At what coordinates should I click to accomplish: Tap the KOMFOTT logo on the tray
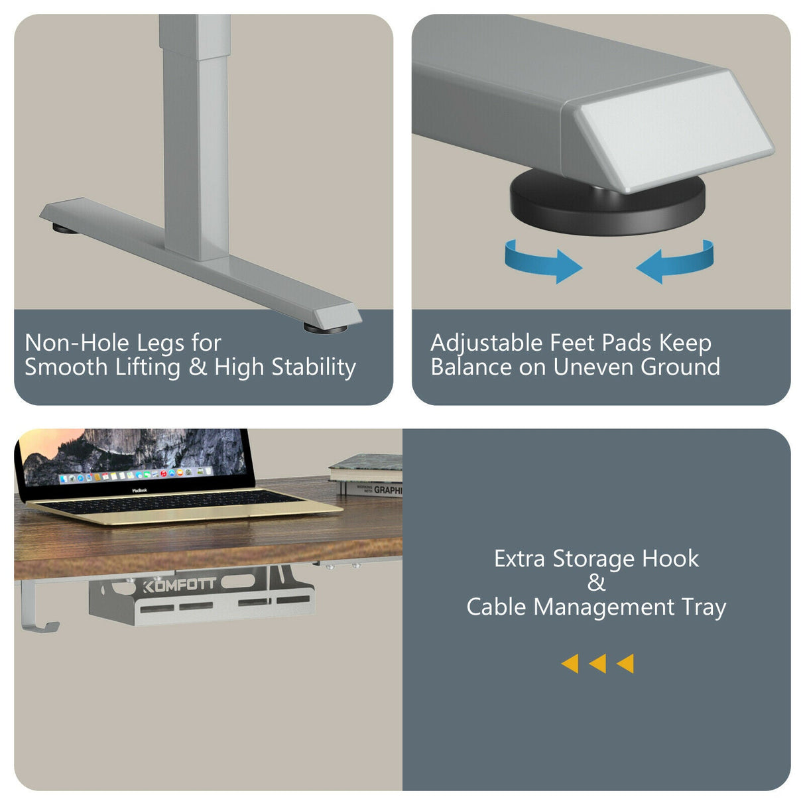click(x=179, y=585)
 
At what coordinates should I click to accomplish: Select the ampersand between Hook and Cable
click(x=596, y=583)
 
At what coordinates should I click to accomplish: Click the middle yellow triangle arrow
click(x=597, y=663)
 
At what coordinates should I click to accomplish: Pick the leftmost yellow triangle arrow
click(x=570, y=663)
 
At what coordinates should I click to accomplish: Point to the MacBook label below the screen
click(x=139, y=490)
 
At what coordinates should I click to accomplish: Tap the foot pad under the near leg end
click(x=325, y=328)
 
